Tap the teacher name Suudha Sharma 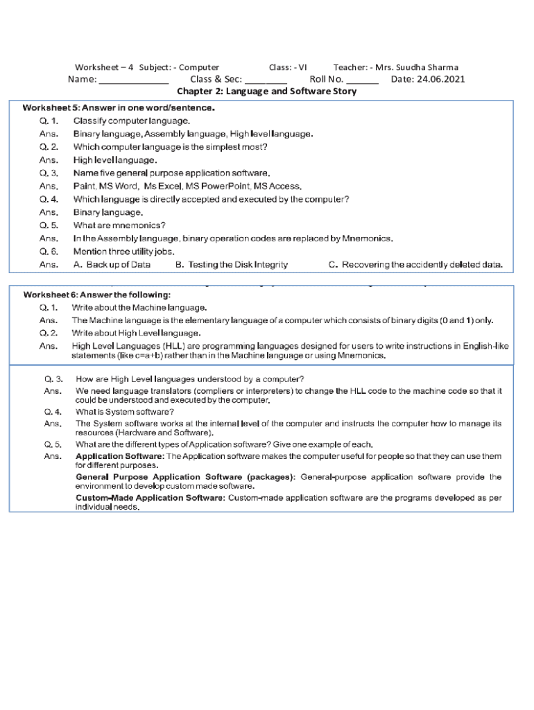427,67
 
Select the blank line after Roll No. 362,80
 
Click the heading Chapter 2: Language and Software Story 267,92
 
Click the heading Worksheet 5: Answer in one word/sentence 119,107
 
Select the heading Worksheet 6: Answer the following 96,295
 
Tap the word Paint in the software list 84,187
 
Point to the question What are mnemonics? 119,225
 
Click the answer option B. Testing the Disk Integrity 231,265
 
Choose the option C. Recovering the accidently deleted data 415,265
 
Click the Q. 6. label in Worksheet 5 49,252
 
